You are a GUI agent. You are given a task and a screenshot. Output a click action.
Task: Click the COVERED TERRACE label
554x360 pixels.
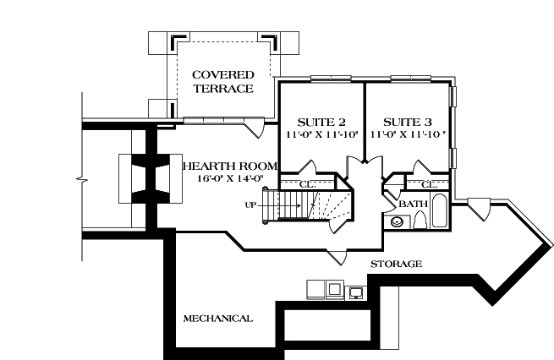click(222, 81)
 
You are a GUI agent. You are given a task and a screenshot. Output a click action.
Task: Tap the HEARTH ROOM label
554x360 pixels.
click(222, 166)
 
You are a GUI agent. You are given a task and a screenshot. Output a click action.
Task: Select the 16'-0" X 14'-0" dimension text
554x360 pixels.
click(222, 178)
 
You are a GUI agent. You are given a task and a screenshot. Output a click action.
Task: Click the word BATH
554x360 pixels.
click(414, 204)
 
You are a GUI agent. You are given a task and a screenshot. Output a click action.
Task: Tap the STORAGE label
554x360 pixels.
click(396, 265)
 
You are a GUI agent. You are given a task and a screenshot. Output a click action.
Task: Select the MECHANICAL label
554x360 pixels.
click(217, 319)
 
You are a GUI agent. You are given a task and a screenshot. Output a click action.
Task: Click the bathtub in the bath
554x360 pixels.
click(440, 211)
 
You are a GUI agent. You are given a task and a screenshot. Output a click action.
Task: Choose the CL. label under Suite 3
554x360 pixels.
click(429, 184)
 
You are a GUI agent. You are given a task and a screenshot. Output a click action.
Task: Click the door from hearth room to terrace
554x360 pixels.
click(251, 127)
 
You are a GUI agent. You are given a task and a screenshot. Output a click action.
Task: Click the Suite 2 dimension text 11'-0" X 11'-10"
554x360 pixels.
click(321, 134)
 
